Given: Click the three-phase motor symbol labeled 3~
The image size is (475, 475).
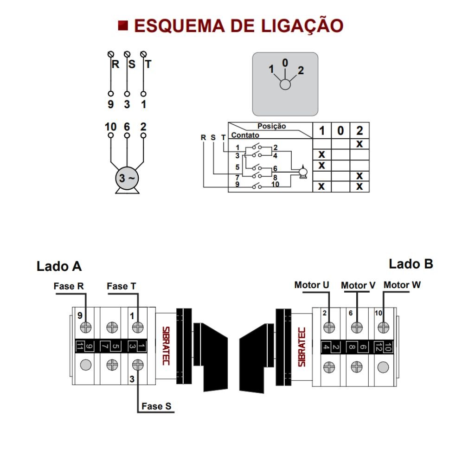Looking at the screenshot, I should (x=127, y=178).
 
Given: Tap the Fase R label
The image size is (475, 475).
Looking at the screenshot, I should (x=69, y=286).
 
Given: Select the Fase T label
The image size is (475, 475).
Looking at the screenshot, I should (x=122, y=286).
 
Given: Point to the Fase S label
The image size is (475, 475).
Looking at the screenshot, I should (x=156, y=406).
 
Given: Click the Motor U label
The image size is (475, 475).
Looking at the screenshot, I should (x=312, y=285).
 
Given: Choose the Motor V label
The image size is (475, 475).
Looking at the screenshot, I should (x=358, y=285).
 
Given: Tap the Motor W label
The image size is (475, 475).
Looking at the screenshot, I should (x=402, y=285).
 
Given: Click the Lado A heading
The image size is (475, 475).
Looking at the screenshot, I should (x=59, y=266).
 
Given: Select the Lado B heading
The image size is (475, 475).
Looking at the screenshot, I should (x=411, y=264).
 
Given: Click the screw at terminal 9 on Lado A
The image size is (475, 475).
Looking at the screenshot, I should (x=85, y=327).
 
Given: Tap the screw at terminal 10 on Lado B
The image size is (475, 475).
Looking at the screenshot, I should (x=383, y=327).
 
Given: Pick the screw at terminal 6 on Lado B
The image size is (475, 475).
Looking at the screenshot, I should (x=356, y=327).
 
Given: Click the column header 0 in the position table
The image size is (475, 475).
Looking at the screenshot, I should (x=340, y=131).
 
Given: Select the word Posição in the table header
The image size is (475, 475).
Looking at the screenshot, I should (x=272, y=126).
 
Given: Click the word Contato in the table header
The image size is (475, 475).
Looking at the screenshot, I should (x=245, y=135).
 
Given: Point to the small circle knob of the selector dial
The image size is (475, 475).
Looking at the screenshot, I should (x=285, y=84).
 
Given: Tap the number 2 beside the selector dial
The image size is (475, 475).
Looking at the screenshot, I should (x=301, y=71).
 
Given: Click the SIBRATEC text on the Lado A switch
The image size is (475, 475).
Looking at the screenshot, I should (x=166, y=346).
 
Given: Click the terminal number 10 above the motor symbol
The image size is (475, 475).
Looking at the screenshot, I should (x=111, y=126).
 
